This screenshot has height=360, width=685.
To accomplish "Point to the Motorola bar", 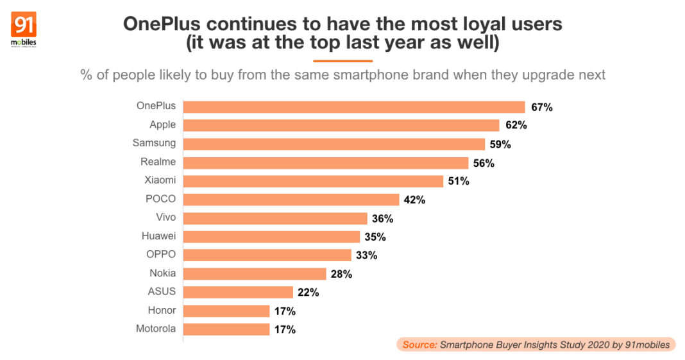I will pyautogui.click(x=226, y=329).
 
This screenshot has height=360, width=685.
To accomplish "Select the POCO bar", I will pyautogui.click(x=291, y=200).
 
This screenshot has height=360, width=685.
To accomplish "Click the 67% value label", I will pyautogui.click(x=541, y=107).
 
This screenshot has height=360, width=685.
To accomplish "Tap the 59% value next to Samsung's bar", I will pyautogui.click(x=500, y=144).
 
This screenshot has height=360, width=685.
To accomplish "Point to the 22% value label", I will pyautogui.click(x=308, y=293).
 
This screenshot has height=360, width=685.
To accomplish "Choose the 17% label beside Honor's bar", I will pyautogui.click(x=284, y=311).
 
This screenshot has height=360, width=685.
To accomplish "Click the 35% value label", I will pyautogui.click(x=375, y=237).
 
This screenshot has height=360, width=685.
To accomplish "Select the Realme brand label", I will pyautogui.click(x=158, y=162).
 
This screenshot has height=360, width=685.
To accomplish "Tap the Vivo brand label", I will pyautogui.click(x=165, y=218).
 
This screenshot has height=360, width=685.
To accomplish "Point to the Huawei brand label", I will pyautogui.click(x=158, y=236).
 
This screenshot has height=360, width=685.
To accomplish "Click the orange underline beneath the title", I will pyautogui.click(x=342, y=60).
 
